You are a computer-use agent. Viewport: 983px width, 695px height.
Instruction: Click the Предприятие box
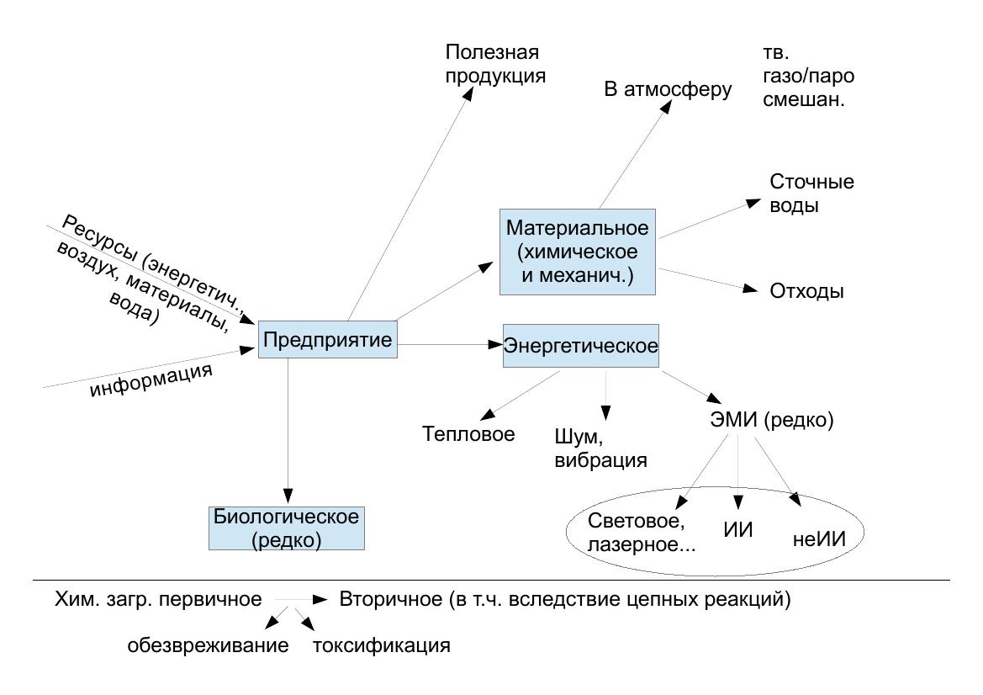point(327,341)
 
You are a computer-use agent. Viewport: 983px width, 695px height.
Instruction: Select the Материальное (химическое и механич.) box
point(577,252)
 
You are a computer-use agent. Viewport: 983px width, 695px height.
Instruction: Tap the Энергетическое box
point(580,345)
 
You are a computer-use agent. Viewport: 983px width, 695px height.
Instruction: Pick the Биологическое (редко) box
point(287,528)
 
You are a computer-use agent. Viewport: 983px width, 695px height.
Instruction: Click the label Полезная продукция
point(495,64)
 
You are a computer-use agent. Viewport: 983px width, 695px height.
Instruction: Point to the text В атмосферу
point(668,88)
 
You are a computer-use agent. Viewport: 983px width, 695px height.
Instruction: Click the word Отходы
point(806,292)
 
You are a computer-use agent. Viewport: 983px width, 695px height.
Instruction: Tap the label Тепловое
point(468,434)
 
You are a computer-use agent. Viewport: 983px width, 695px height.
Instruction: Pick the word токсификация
point(381,646)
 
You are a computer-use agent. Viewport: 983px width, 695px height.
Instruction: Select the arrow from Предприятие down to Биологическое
point(288,429)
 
